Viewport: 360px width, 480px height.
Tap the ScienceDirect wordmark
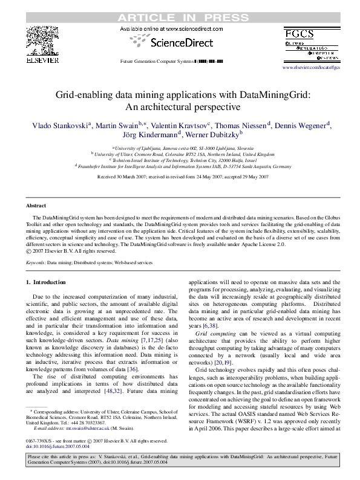pyautogui.click(x=181, y=43)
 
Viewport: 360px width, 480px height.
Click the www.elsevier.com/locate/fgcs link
pyautogui.click(x=312, y=67)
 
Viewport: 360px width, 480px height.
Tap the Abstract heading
pyautogui.click(x=37, y=206)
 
